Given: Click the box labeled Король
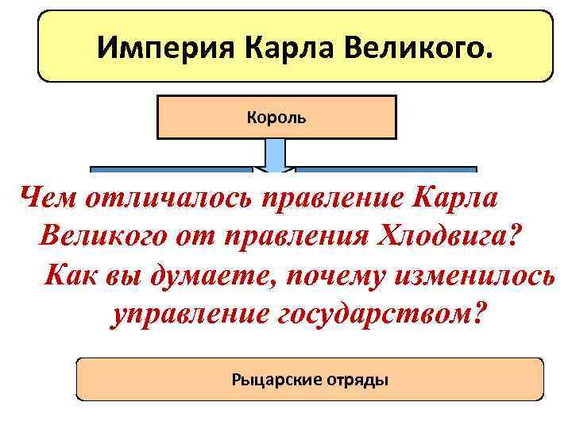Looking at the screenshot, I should (x=276, y=118).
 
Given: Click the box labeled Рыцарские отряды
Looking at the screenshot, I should (x=310, y=379).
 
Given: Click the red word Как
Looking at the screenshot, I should (x=67, y=275).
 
